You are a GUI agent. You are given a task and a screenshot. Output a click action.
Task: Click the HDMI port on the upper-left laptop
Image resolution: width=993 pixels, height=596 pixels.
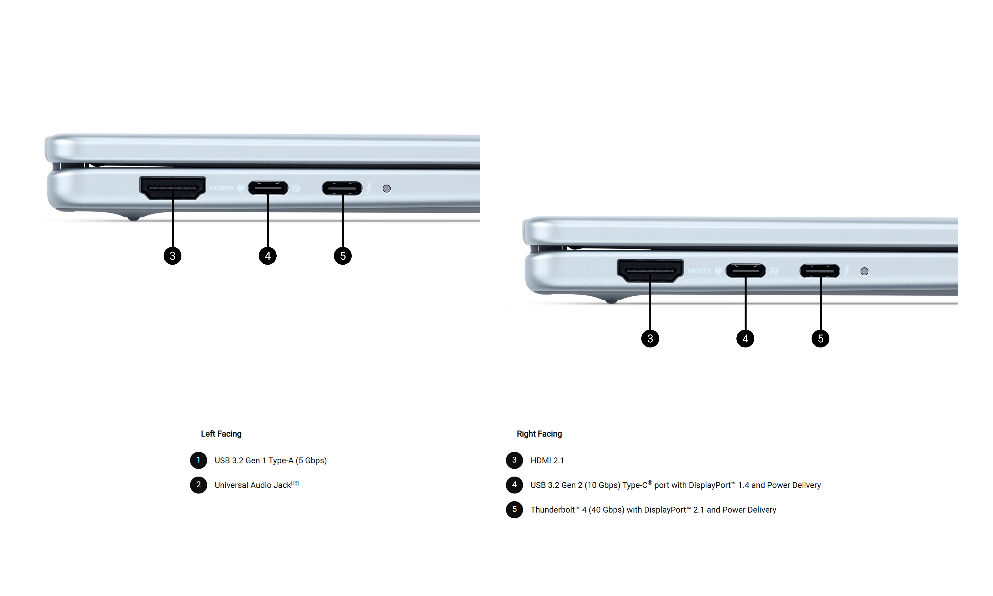(x=173, y=187)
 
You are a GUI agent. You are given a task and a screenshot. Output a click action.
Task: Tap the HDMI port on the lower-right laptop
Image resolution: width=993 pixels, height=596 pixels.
(x=650, y=270)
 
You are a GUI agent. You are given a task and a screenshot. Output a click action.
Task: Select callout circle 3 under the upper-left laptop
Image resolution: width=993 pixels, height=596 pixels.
(x=173, y=256)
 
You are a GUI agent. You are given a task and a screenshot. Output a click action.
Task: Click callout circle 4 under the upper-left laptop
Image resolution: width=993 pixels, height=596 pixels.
(x=268, y=256)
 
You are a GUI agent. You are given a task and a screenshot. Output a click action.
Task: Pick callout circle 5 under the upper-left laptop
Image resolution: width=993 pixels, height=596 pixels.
(x=343, y=256)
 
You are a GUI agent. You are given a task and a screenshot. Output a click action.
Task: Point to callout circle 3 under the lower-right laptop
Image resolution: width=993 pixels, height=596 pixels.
(x=650, y=339)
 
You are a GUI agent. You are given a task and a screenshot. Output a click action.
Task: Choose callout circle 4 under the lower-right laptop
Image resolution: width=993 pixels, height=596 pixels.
(x=745, y=339)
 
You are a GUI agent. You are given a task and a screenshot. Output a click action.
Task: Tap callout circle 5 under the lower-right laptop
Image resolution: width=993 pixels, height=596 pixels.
(x=820, y=339)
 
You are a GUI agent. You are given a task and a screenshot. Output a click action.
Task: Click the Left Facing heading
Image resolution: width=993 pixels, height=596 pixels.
(x=221, y=434)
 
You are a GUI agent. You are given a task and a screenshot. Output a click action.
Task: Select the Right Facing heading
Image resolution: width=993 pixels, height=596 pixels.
(x=539, y=434)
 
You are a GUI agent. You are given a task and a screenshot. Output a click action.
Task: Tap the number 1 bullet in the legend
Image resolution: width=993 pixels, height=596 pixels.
(x=198, y=460)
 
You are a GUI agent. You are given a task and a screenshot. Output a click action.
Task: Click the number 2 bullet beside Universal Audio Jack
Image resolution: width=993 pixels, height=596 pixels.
(x=198, y=485)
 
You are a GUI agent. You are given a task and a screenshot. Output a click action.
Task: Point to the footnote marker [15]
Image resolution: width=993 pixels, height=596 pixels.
(x=295, y=483)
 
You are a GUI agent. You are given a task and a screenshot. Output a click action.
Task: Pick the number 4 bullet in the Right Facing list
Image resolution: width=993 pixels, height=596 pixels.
(x=514, y=485)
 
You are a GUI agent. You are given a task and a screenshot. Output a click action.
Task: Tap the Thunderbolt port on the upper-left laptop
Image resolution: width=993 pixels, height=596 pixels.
(x=342, y=188)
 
